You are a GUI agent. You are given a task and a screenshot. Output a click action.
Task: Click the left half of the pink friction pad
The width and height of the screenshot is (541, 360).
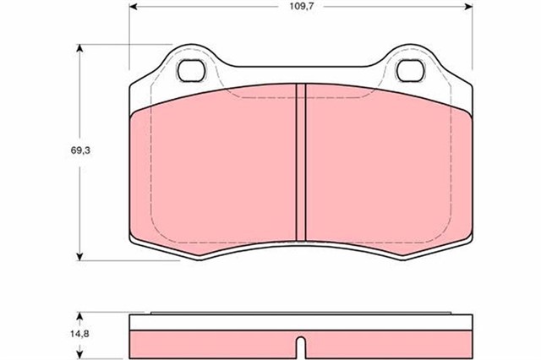pyautogui.click(x=211, y=169)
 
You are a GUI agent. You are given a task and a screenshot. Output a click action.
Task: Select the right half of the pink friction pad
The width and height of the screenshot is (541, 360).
pyautogui.click(x=385, y=169)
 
